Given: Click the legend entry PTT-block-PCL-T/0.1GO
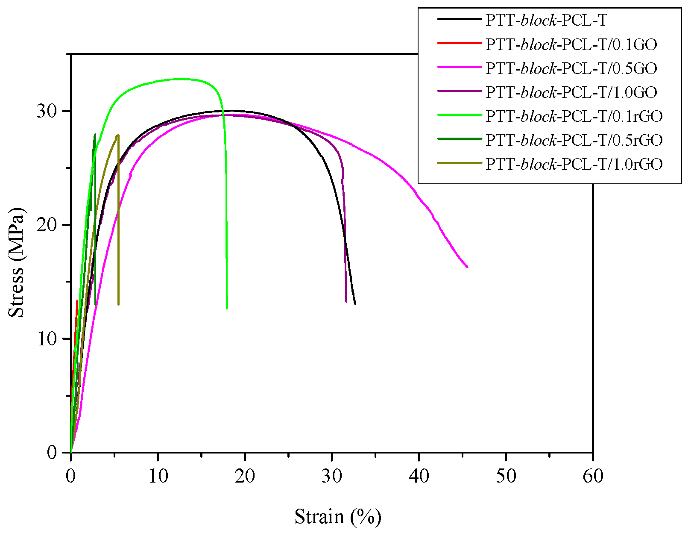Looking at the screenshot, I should pyautogui.click(x=571, y=44).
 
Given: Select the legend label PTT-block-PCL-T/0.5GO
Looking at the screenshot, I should pyautogui.click(x=571, y=68).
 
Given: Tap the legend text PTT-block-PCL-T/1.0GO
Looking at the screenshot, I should pyautogui.click(x=571, y=92).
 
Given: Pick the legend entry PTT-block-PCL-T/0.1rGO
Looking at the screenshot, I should pyautogui.click(x=574, y=116).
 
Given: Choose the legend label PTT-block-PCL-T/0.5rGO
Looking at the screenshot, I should pyautogui.click(x=574, y=140).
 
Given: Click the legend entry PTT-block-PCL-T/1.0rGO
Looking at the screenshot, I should pyautogui.click(x=574, y=164).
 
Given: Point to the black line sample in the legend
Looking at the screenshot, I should pyautogui.click(x=459, y=19).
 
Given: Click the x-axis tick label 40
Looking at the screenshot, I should pyautogui.click(x=419, y=476).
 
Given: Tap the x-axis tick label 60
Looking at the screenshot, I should pyautogui.click(x=593, y=476).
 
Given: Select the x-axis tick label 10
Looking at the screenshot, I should pyautogui.click(x=158, y=476).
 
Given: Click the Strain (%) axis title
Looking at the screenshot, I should pyautogui.click(x=337, y=517).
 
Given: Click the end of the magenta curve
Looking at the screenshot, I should pyautogui.click(x=467, y=267).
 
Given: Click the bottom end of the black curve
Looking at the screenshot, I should pyautogui.click(x=355, y=304).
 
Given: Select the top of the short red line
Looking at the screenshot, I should pyautogui.click(x=77, y=300).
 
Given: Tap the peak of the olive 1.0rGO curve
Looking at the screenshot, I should pyautogui.click(x=118, y=135).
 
